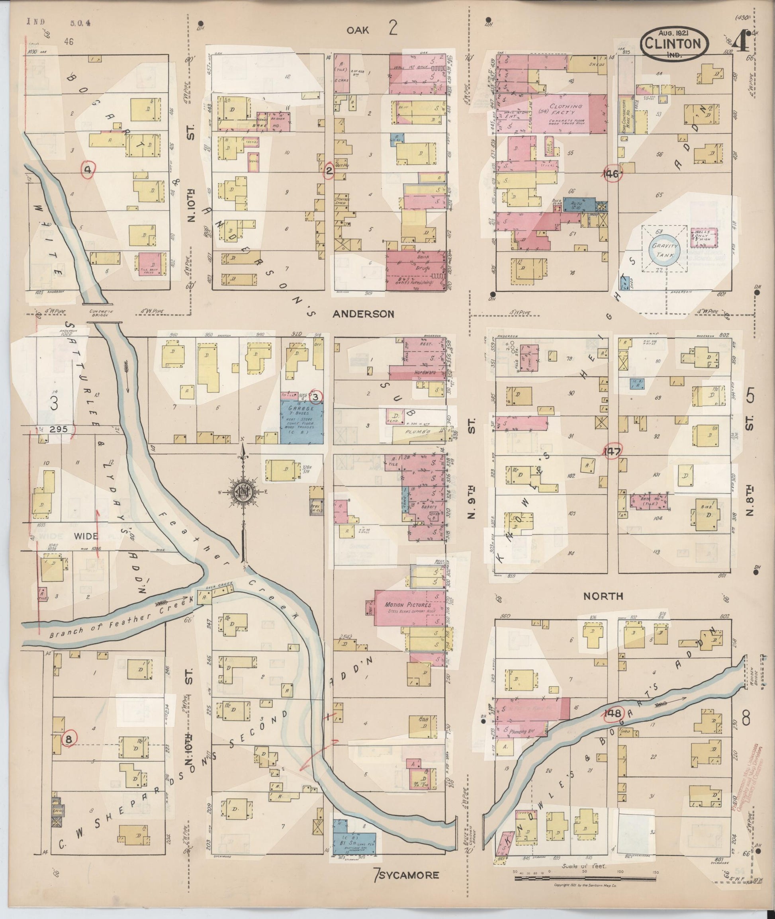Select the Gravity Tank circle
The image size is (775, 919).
click(665, 250)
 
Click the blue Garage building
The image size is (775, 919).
click(301, 421)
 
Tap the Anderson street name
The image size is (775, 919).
click(363, 314)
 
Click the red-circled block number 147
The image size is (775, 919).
click(611, 451)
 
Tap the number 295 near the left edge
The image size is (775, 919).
click(59, 429)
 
